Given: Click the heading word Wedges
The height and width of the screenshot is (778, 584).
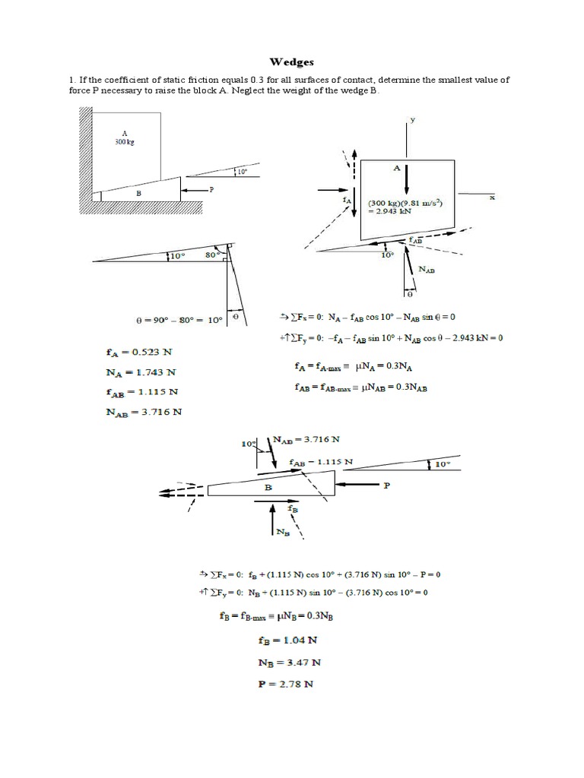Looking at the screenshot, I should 292,61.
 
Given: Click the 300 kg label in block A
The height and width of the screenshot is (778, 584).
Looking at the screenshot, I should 124,141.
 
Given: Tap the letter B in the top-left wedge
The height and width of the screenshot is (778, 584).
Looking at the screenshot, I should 139,193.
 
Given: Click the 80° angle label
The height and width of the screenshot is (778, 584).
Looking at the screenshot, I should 214,256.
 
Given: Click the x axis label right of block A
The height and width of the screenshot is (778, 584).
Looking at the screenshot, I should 492,198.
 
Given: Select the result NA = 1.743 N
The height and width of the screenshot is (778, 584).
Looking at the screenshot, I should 141,372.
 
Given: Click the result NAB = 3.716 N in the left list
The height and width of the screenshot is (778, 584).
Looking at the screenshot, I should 144,413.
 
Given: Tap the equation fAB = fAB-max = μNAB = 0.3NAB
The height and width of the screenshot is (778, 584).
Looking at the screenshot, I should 360,386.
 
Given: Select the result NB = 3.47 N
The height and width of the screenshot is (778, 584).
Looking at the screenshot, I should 289,663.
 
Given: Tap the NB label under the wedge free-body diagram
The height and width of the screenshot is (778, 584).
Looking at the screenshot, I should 282,531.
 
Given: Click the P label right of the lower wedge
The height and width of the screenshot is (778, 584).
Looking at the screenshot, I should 386,484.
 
